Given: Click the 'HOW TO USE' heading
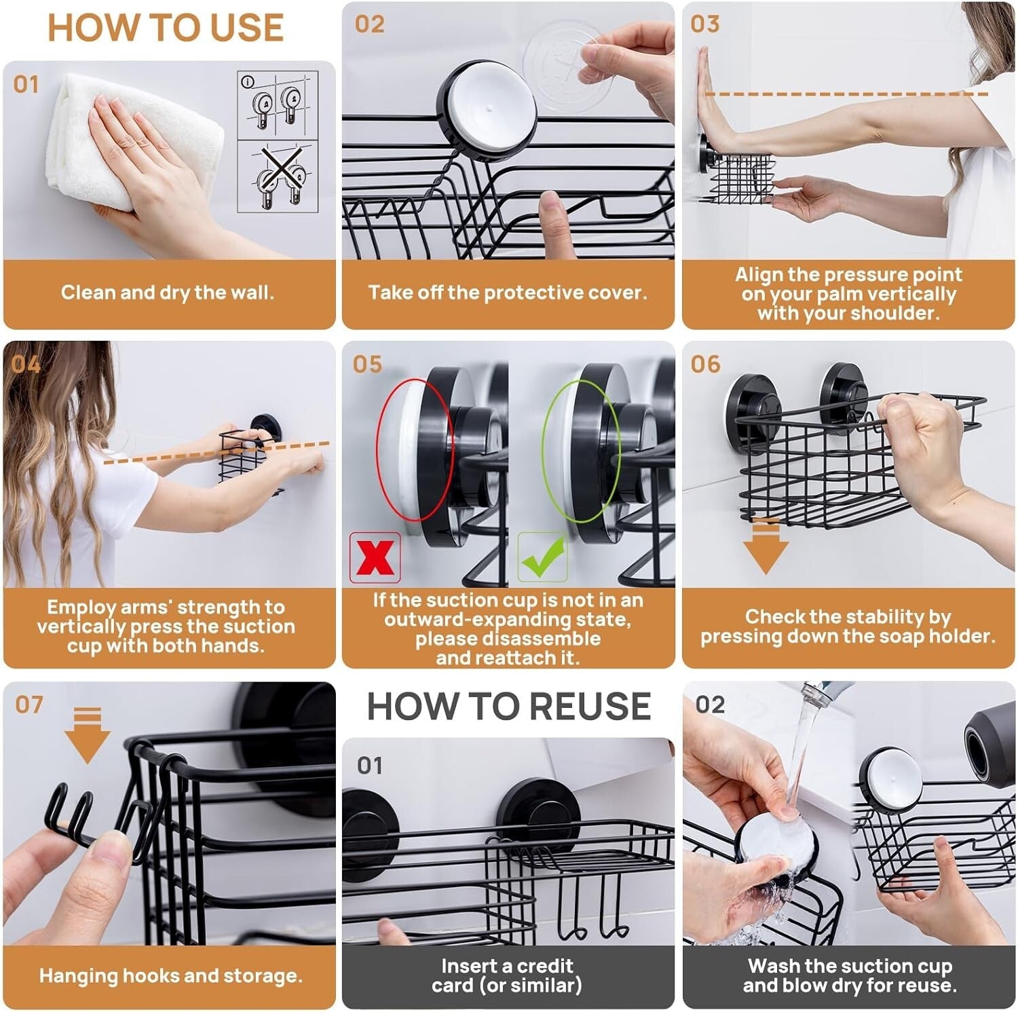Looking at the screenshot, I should [x=165, y=28].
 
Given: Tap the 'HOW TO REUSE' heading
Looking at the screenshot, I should [x=508, y=706].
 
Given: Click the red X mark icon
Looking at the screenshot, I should [x=375, y=557].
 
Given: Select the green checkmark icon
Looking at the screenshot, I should [x=542, y=557].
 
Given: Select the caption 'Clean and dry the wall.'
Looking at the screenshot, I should [x=168, y=293].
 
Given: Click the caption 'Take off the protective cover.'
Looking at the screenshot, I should [x=508, y=293].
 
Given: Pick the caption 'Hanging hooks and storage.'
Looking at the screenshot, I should [x=170, y=975].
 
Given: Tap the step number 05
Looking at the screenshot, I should [x=367, y=364].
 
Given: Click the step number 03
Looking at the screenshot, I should [x=704, y=24].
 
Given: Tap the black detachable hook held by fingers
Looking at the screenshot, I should [x=71, y=814].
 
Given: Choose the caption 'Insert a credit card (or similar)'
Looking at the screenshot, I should [x=507, y=975].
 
